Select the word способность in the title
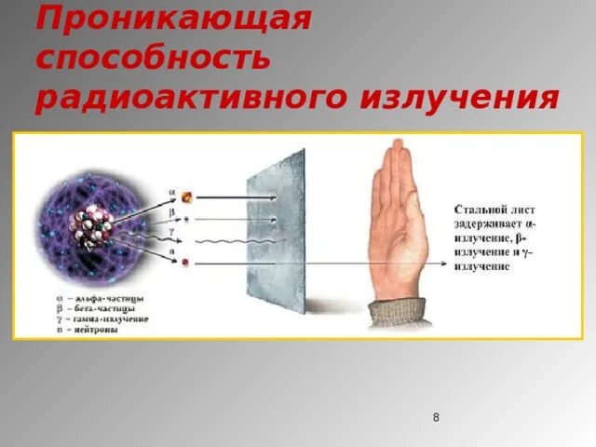pos(154,57)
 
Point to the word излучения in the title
pos(466,98)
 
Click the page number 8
pos(436,417)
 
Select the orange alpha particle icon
pos(186,196)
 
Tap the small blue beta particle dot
pos(186,221)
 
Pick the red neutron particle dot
pos(185,264)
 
